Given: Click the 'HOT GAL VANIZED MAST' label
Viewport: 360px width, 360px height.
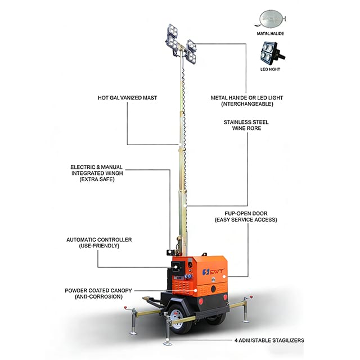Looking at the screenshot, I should (127, 97).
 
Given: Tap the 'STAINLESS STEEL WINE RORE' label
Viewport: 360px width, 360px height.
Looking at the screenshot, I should (246, 124).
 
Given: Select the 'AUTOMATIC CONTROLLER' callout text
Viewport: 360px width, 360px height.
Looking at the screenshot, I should (98, 240).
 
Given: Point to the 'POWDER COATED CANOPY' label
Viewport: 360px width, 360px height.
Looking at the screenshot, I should (98, 290).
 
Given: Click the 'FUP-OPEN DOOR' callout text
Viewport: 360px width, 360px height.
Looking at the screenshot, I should (246, 213).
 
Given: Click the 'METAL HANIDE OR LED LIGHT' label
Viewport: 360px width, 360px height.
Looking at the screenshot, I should (246, 97).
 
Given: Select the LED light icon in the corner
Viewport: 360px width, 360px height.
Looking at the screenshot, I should (273, 55).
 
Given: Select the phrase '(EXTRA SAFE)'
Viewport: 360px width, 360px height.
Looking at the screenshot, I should (96, 179).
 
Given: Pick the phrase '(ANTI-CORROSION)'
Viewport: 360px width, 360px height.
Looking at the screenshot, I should (98, 296).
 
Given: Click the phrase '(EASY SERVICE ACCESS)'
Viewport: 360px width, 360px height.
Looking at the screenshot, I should (246, 219).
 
